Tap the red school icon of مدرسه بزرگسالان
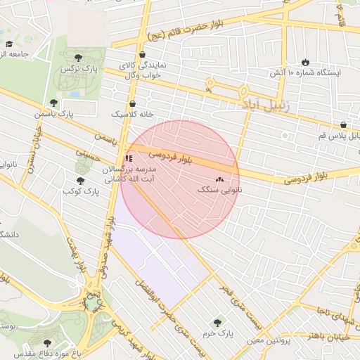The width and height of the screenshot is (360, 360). point(128,158)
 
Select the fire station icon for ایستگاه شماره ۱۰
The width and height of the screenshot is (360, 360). point(305,62)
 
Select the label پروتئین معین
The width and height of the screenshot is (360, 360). point(269,340)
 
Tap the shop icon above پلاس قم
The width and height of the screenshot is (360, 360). point(343,124)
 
